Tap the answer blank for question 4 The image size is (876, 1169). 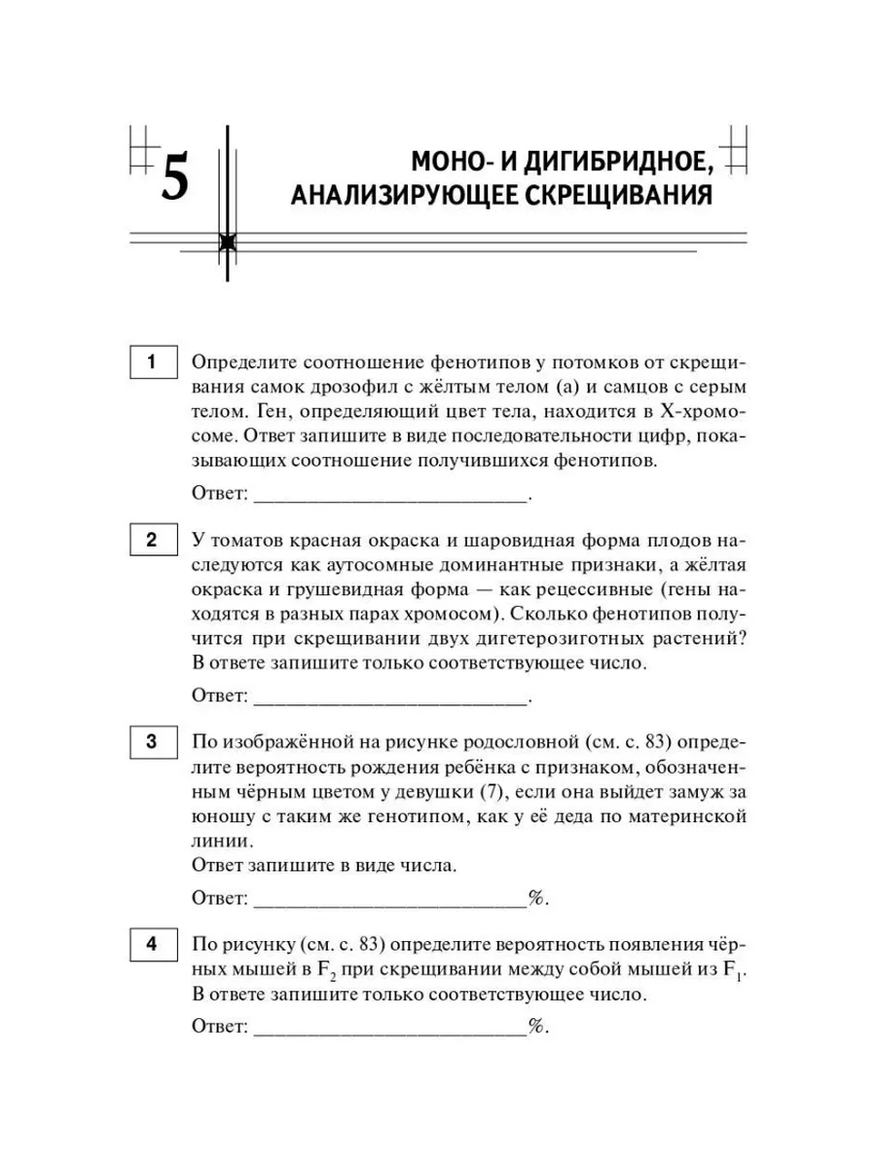click(389, 1027)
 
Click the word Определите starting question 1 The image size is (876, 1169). click(243, 363)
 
